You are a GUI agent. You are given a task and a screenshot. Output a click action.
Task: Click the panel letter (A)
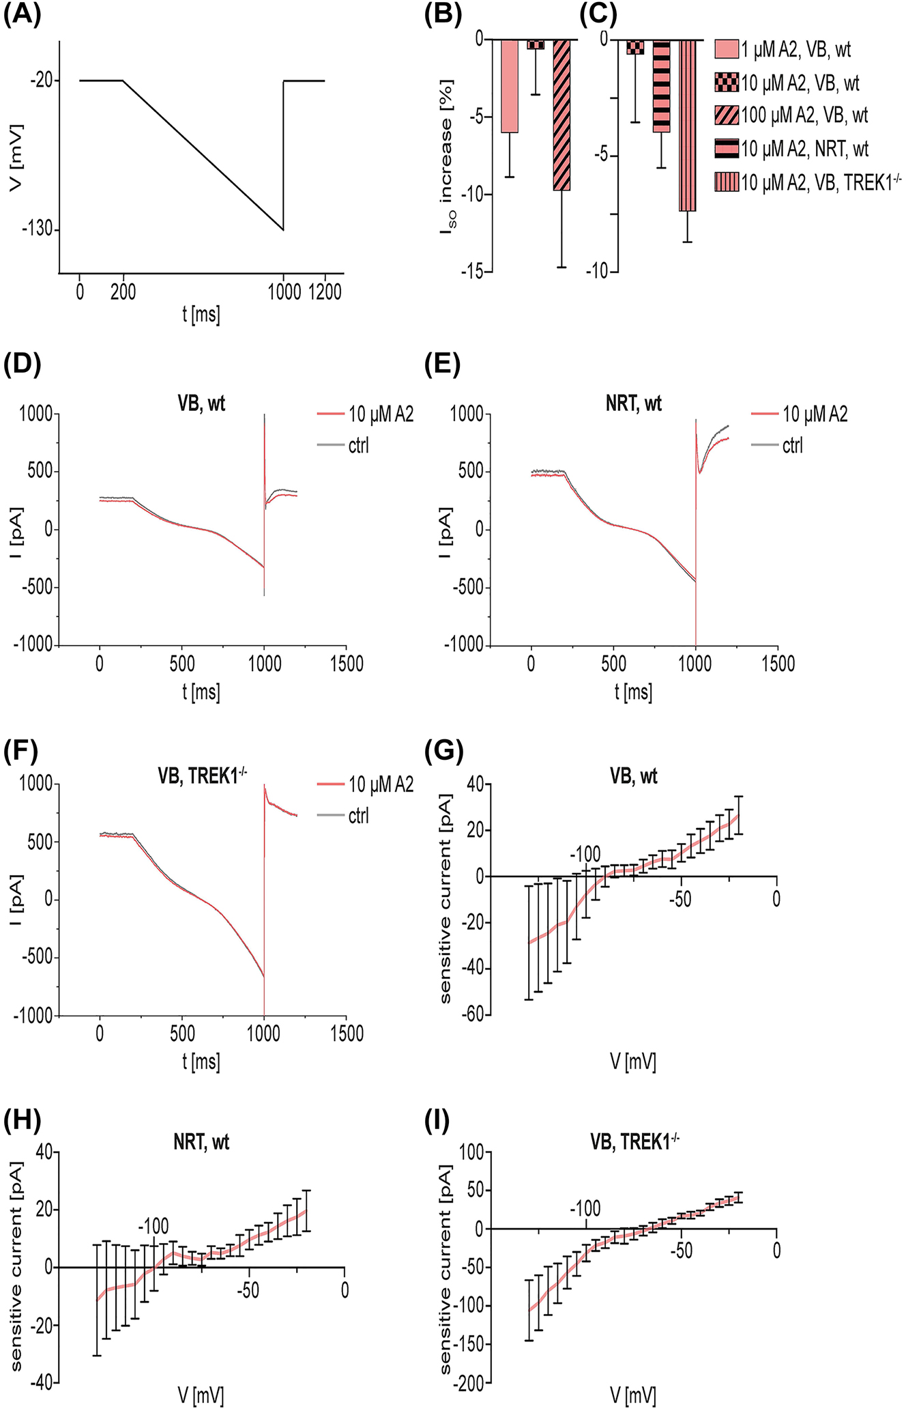coord(23,14)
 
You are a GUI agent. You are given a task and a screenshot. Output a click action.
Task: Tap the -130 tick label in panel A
coord(39,229)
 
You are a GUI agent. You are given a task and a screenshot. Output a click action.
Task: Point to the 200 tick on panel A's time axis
coord(123,292)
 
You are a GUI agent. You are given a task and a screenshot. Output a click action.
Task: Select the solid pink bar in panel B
coord(510,85)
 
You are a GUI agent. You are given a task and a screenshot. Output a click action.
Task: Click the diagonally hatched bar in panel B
coord(561,115)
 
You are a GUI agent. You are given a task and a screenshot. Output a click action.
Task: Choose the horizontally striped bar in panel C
coord(662,86)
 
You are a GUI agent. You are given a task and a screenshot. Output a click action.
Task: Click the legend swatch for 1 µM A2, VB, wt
coord(727,49)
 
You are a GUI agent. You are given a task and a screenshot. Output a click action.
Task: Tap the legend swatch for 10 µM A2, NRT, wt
coord(727,149)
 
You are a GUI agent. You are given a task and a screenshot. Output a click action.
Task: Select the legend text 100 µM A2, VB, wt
coord(804,115)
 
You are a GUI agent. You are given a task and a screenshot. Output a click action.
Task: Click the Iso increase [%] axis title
coord(448,157)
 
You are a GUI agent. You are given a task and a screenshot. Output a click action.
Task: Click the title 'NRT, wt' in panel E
coord(633,403)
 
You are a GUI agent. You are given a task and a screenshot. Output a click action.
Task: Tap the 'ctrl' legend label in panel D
coord(358,446)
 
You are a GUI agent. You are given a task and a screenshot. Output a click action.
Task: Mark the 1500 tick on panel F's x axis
coord(347,1034)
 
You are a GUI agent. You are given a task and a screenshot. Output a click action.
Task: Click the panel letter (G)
coord(443,752)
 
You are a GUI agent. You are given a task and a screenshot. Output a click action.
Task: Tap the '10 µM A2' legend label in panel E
coord(815,414)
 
